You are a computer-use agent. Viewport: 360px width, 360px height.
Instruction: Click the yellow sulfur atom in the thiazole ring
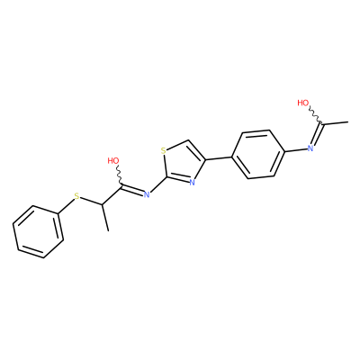tap(164, 150)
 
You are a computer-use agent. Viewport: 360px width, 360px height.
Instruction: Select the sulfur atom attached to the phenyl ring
tap(77, 196)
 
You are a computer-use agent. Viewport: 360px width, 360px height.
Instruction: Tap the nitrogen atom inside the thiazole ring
tap(193, 183)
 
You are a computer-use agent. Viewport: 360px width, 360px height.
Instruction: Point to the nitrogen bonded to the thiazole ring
tap(147, 194)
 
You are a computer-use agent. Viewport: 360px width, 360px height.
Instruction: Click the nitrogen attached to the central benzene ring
tap(310, 148)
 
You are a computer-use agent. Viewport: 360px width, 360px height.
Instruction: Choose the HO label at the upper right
tap(303, 103)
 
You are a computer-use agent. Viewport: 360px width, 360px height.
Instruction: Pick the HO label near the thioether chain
tap(113, 160)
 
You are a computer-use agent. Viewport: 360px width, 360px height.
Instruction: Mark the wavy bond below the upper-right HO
tap(315, 115)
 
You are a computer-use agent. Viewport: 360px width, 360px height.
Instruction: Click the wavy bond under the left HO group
tap(120, 176)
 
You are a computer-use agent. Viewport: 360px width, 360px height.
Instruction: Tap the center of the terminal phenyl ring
tap(38, 231)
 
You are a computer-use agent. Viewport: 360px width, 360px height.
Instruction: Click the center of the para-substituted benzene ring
tap(258, 154)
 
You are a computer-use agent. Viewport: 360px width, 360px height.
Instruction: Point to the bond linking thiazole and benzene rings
tap(219, 158)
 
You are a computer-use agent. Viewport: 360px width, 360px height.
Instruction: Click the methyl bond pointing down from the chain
tap(104, 218)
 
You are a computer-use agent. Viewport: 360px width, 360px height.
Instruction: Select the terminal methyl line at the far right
tap(335, 122)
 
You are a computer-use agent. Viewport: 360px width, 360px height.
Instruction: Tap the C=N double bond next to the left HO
tap(132, 191)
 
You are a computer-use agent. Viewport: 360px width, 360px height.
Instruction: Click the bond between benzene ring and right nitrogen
tap(295, 150)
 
